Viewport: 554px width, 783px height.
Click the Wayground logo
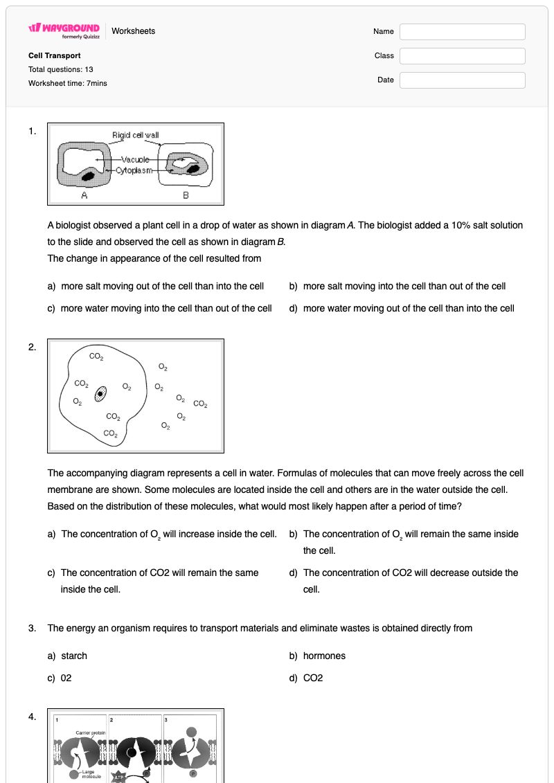pos(64,30)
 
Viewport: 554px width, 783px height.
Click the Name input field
pos(462,31)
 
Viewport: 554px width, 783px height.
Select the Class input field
pos(462,56)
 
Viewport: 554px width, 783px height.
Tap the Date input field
pos(462,80)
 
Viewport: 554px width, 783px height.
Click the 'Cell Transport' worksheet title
pos(55,55)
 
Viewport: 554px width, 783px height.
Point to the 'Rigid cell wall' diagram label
pos(135,135)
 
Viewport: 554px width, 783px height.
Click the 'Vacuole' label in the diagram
pos(135,159)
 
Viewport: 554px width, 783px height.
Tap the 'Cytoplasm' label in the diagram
pos(134,170)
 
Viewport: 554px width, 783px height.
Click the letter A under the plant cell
pos(84,195)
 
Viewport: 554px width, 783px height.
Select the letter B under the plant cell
pos(186,195)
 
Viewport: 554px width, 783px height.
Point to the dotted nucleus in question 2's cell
pos(100,393)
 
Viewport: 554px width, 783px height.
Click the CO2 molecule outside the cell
pos(200,404)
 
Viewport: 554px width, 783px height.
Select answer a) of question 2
pos(162,534)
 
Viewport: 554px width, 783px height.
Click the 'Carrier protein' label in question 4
pos(91,732)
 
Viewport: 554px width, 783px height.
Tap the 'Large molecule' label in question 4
pos(91,774)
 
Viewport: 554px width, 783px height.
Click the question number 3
pos(32,628)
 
